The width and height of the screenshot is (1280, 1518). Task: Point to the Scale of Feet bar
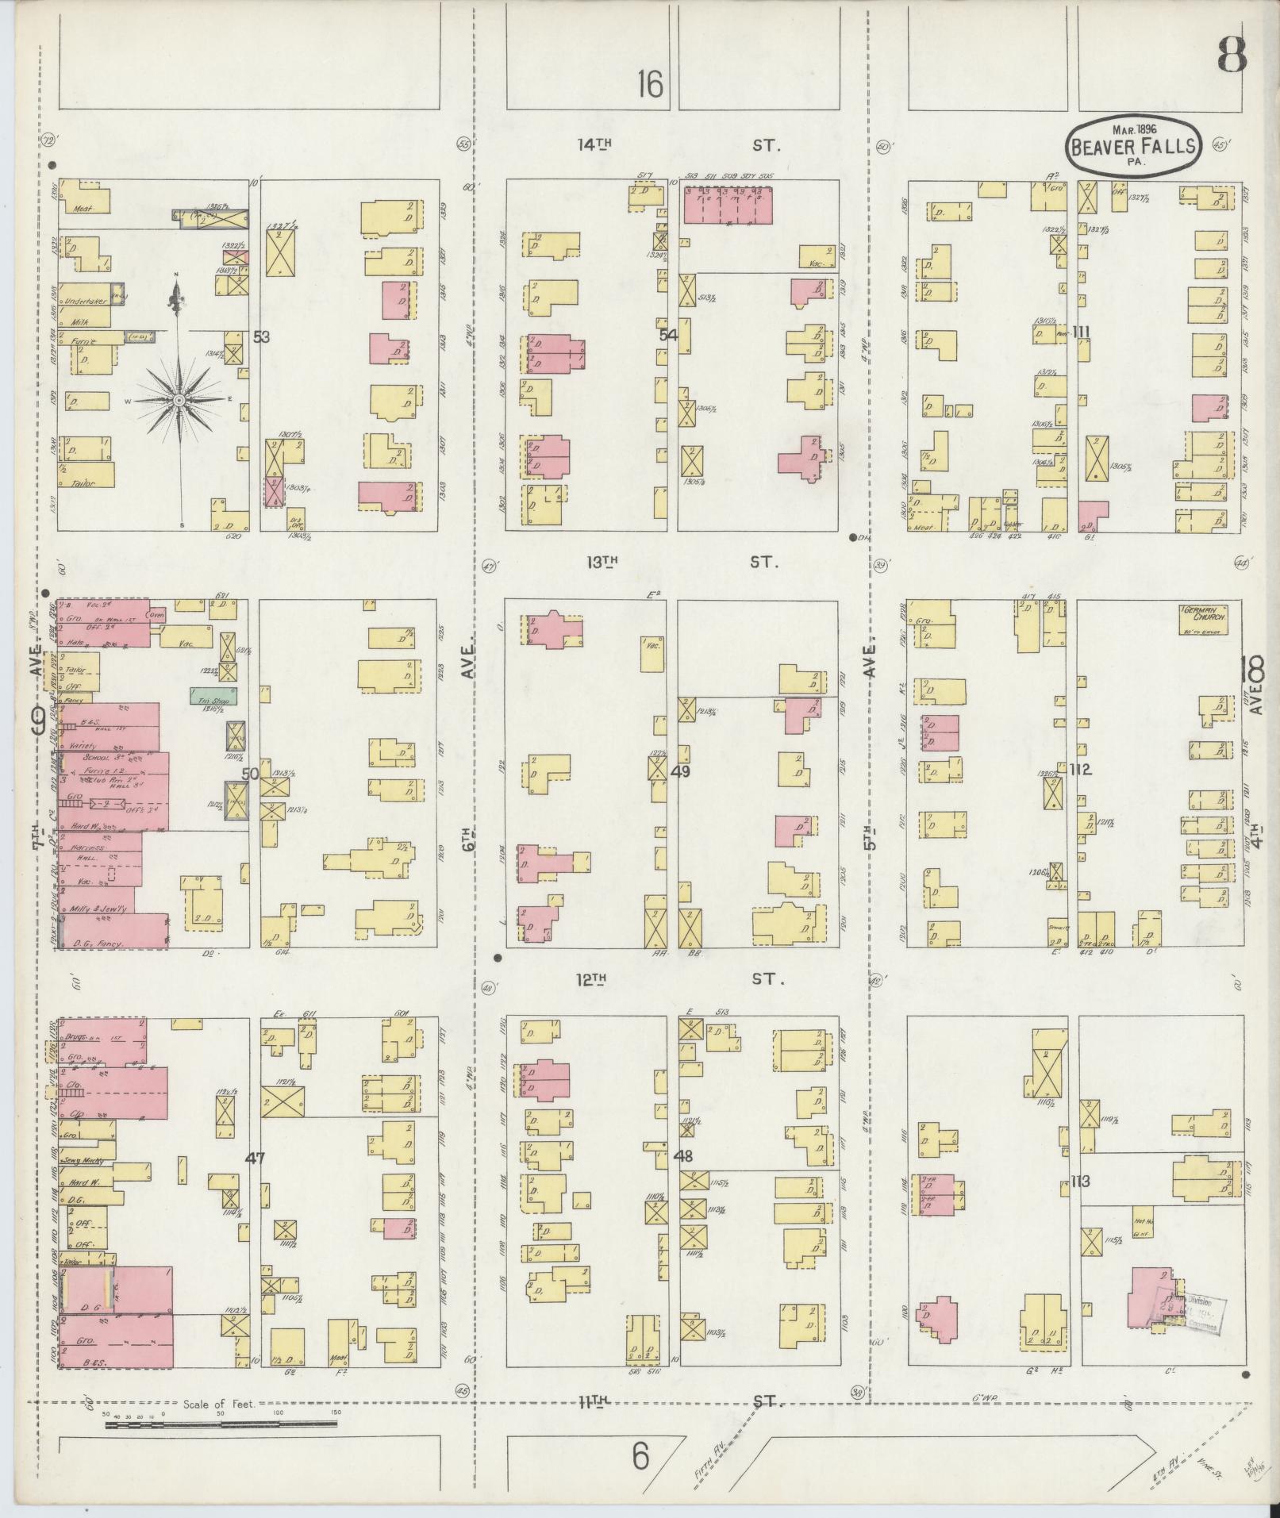pyautogui.click(x=221, y=868)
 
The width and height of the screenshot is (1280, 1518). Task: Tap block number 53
pyautogui.click(x=261, y=336)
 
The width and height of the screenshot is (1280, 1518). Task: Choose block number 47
pyautogui.click(x=254, y=1159)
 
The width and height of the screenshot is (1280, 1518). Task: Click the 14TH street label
pyautogui.click(x=595, y=144)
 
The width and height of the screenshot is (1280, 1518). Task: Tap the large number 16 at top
pyautogui.click(x=649, y=83)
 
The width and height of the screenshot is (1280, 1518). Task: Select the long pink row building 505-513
pyautogui.click(x=728, y=205)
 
